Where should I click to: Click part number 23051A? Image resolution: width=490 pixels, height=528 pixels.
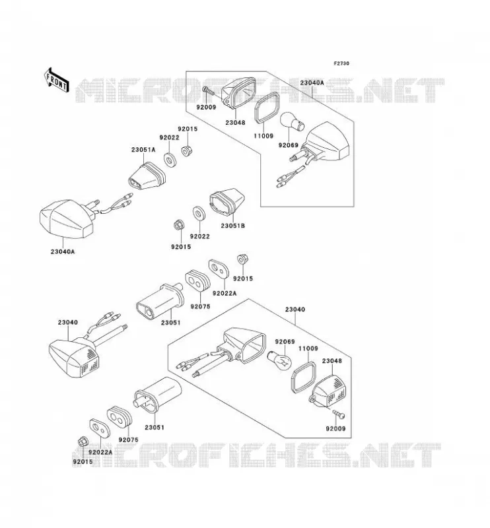[x=143, y=150]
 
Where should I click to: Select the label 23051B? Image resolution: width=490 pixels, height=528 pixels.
[x=233, y=226]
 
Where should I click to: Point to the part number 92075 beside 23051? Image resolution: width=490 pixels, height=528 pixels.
[x=200, y=306]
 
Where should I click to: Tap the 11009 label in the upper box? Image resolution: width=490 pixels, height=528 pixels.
[x=263, y=136]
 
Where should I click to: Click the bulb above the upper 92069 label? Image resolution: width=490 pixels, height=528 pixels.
[x=292, y=122]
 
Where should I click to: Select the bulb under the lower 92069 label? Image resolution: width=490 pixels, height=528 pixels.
[x=279, y=360]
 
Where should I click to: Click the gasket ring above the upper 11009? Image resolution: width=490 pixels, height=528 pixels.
[x=267, y=108]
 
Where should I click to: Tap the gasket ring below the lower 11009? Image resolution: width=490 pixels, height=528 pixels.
[x=303, y=378]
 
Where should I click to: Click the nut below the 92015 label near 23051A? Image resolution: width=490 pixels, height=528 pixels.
[x=186, y=151]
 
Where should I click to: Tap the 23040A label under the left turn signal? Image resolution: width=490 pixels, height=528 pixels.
[x=63, y=251]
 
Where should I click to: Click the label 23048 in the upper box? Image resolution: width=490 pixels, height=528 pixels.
[x=235, y=123]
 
